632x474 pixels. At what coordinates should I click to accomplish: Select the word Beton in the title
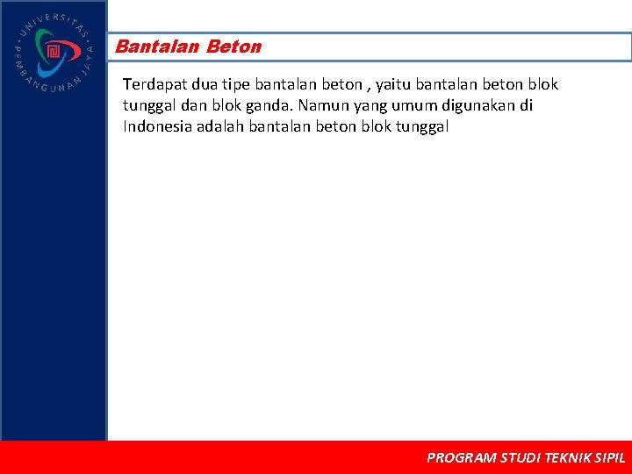tap(234, 47)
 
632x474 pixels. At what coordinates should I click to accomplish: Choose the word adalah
tap(221, 126)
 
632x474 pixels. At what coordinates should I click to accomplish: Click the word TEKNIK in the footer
tap(567, 457)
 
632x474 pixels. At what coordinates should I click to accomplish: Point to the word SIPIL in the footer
tap(610, 457)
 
